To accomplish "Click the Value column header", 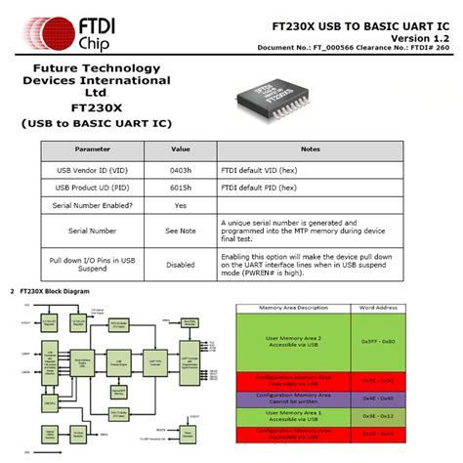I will click(180, 148).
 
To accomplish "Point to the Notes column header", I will click(311, 148).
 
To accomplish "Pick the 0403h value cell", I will click(180, 168).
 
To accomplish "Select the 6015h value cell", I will click(180, 186).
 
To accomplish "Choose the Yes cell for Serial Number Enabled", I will click(180, 205).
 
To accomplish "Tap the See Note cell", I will click(180, 231).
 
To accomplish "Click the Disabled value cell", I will click(180, 263).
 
